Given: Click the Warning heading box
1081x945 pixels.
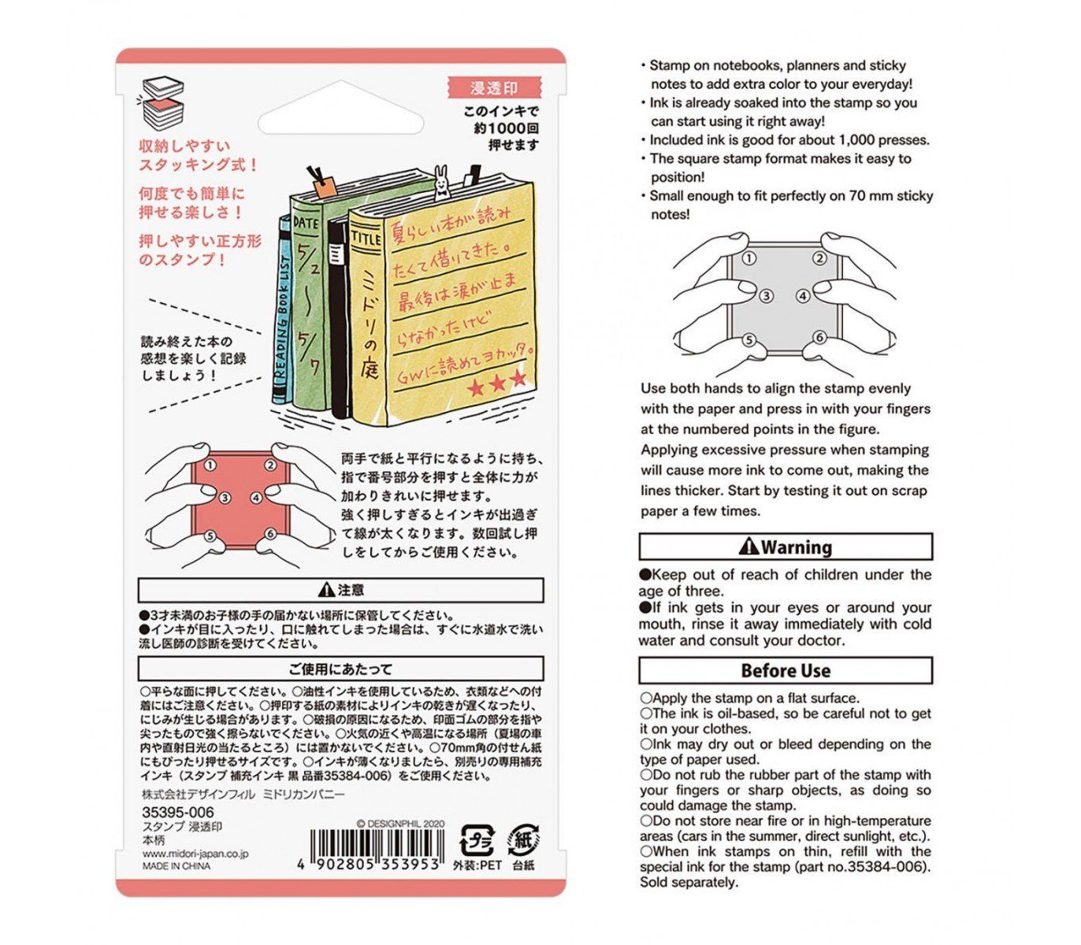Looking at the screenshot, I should pyautogui.click(x=785, y=547).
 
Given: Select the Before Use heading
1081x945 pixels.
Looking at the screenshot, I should pyautogui.click(x=785, y=671).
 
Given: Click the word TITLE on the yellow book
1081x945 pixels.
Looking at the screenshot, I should pyautogui.click(x=366, y=237).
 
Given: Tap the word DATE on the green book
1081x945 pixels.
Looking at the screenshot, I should pyautogui.click(x=306, y=223).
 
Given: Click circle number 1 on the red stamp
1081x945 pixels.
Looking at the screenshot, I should pyautogui.click(x=210, y=465).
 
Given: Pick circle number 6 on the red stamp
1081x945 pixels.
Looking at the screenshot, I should pyautogui.click(x=270, y=533).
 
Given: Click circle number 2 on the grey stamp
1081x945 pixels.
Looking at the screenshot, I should pyautogui.click(x=819, y=258).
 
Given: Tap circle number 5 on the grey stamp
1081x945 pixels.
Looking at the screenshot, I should pyautogui.click(x=749, y=340).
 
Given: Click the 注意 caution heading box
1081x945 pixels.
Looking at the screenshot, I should pyautogui.click(x=340, y=590).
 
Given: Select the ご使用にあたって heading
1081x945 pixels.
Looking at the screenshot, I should pyautogui.click(x=340, y=669).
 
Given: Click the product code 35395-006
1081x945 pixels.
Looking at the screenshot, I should pyautogui.click(x=178, y=812).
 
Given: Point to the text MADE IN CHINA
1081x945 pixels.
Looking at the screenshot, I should pyautogui.click(x=176, y=866).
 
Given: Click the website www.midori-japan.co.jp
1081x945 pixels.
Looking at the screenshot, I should pyautogui.click(x=195, y=854).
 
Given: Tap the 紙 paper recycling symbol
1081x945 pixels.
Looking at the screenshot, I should pyautogui.click(x=523, y=839).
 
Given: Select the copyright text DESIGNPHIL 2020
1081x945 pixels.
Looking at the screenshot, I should pyautogui.click(x=400, y=824).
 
